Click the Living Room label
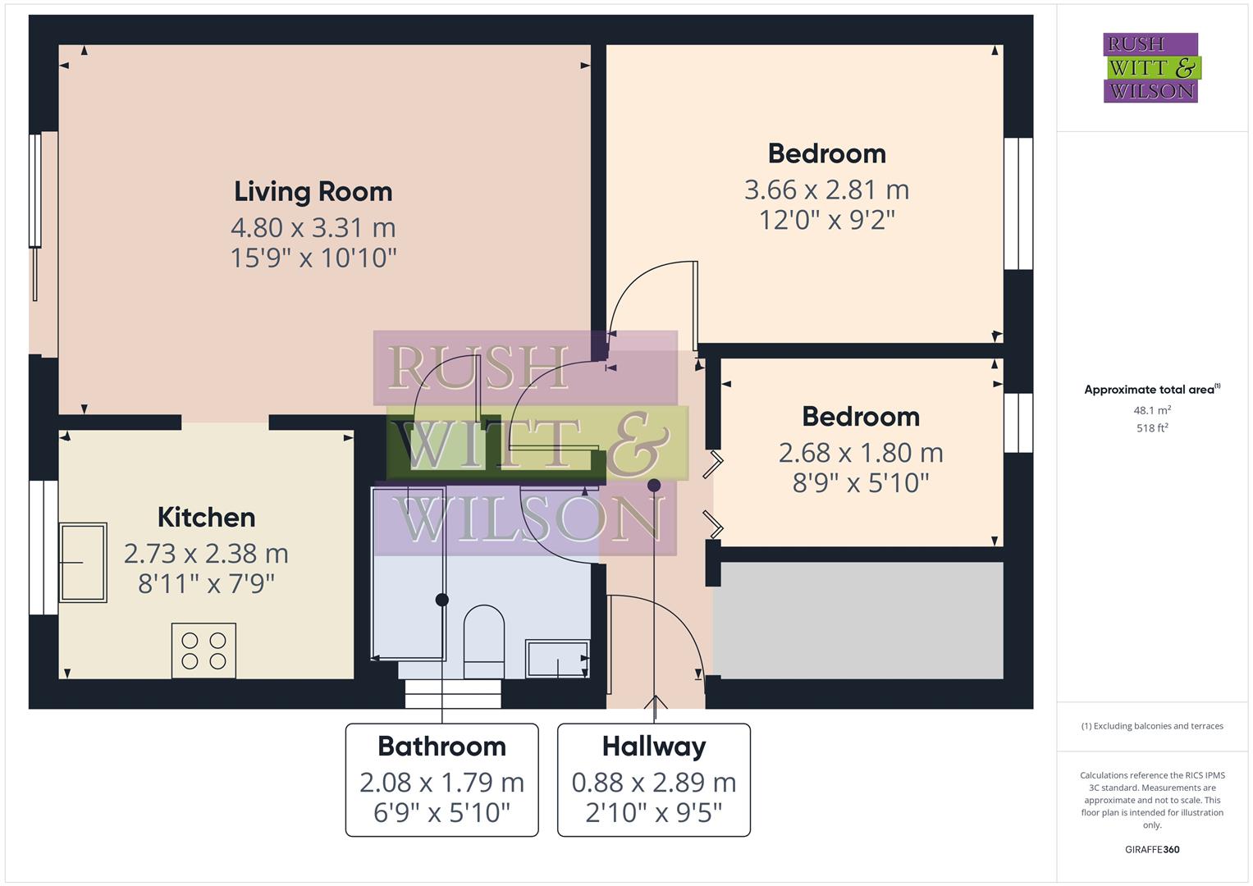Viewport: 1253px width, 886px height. point(313,192)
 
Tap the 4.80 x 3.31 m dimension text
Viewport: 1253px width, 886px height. point(313,227)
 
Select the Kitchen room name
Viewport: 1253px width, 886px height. point(206,518)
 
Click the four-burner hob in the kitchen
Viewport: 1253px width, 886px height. point(203,651)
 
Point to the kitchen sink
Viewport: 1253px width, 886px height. point(83,563)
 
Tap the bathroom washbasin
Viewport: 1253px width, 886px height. point(557,659)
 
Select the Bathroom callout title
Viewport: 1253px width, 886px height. point(441,747)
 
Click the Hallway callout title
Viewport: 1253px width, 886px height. point(654,747)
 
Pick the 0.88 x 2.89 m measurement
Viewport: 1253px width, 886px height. point(654,783)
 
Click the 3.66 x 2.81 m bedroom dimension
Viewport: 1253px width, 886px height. point(826,190)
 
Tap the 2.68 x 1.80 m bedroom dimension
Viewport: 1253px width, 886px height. point(861,453)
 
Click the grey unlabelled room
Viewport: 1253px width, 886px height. point(857,620)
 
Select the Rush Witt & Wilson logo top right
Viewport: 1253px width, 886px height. point(1150,67)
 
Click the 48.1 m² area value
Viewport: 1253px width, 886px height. point(1152,410)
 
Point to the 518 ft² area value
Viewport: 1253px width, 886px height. point(1152,427)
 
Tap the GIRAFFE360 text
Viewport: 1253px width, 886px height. point(1152,849)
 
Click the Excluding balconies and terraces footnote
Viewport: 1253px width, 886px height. point(1152,726)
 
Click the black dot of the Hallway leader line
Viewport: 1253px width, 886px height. point(654,485)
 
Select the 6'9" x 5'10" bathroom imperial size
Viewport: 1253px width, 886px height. point(441,813)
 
